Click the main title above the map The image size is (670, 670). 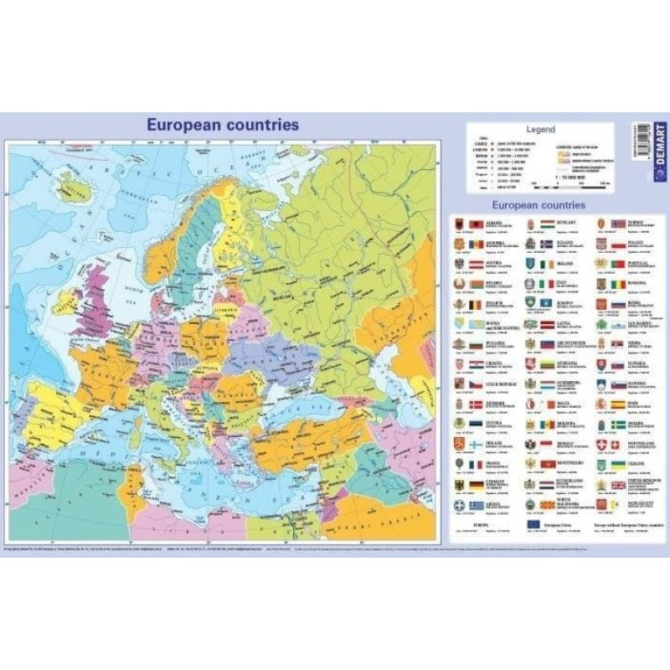click(x=223, y=125)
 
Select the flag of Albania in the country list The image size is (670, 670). click(x=474, y=225)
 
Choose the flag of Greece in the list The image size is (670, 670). click(x=474, y=506)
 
